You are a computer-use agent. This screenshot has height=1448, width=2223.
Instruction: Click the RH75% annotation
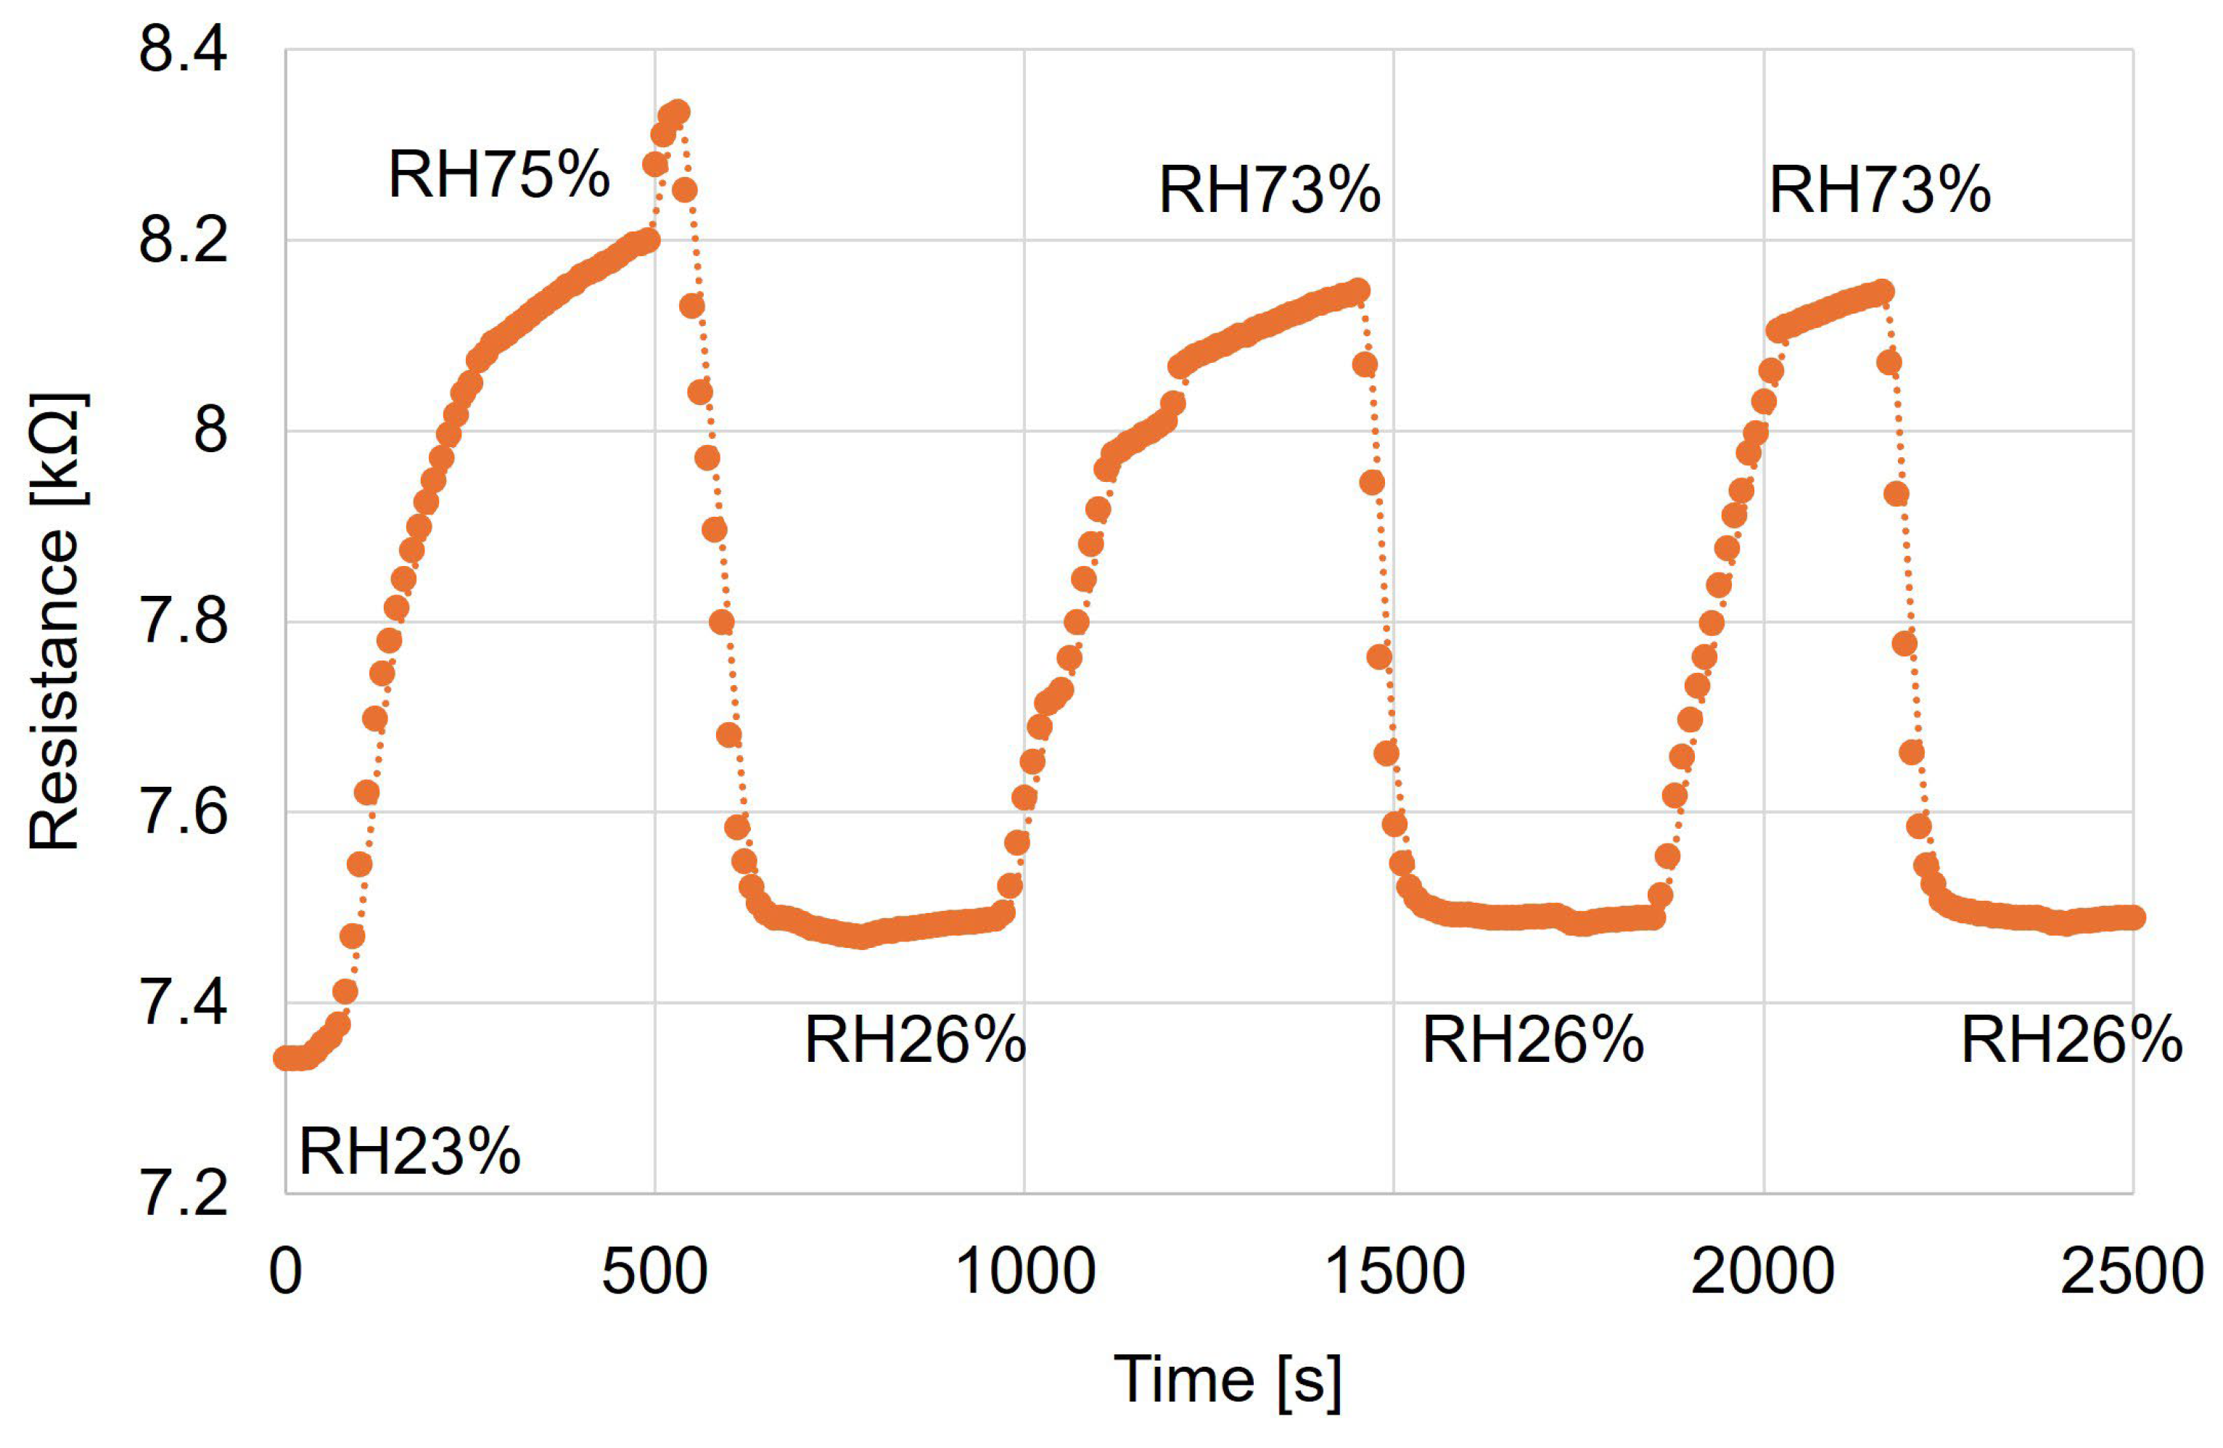point(498,175)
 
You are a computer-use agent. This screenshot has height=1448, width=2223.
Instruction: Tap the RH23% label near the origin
point(409,1151)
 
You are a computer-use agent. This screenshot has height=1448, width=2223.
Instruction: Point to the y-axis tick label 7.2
point(183,1193)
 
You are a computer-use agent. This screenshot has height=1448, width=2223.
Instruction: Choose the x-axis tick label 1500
point(1394,1272)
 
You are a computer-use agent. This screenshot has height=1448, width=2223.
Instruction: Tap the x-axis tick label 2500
point(2132,1272)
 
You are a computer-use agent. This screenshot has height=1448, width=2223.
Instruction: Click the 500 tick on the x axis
point(654,1272)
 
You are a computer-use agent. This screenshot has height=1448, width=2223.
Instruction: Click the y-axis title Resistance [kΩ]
point(54,621)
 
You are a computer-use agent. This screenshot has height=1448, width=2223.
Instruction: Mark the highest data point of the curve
point(679,111)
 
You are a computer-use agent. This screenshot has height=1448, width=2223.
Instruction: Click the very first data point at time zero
point(284,1058)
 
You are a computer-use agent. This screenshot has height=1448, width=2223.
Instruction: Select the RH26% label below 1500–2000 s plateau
point(1532,1040)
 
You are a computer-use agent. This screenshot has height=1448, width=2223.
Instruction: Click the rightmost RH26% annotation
point(2071,1040)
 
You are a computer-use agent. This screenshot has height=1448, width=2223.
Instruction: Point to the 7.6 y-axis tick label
point(183,811)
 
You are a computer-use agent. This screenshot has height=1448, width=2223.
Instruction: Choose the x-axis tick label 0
point(285,1272)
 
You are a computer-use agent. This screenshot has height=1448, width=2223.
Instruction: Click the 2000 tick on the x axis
point(1762,1272)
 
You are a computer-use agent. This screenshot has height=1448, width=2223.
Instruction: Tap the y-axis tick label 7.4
point(183,1002)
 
